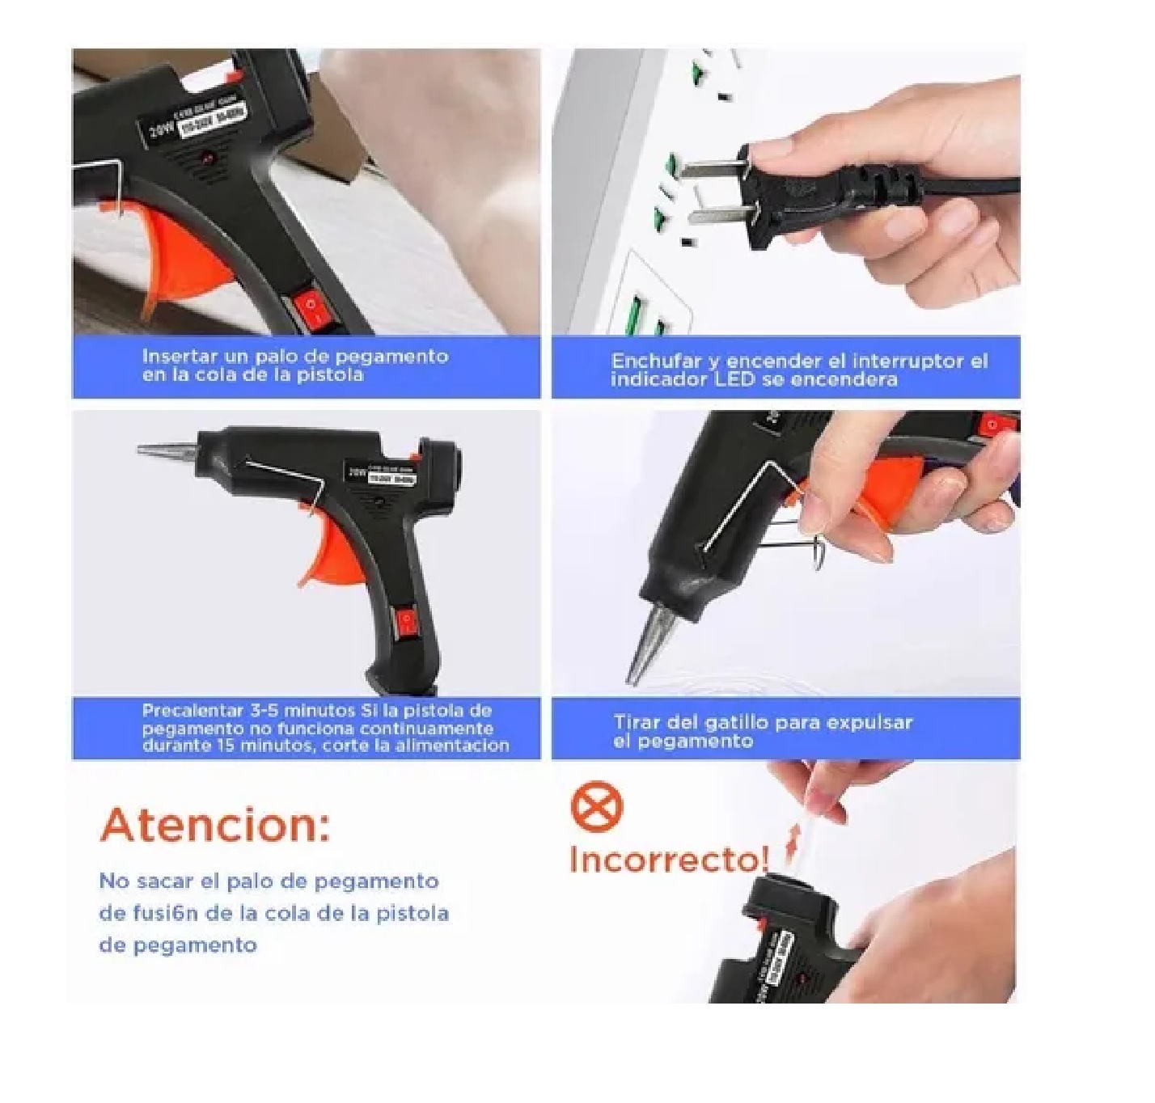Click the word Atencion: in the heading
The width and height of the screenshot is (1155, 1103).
point(215,825)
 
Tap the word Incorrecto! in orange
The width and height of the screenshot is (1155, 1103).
point(668,859)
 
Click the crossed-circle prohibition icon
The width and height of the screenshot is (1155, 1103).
point(597,807)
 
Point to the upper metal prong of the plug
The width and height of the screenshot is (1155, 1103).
point(712,168)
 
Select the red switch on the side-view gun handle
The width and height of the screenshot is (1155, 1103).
point(406,621)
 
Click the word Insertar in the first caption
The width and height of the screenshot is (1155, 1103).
point(178,357)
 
